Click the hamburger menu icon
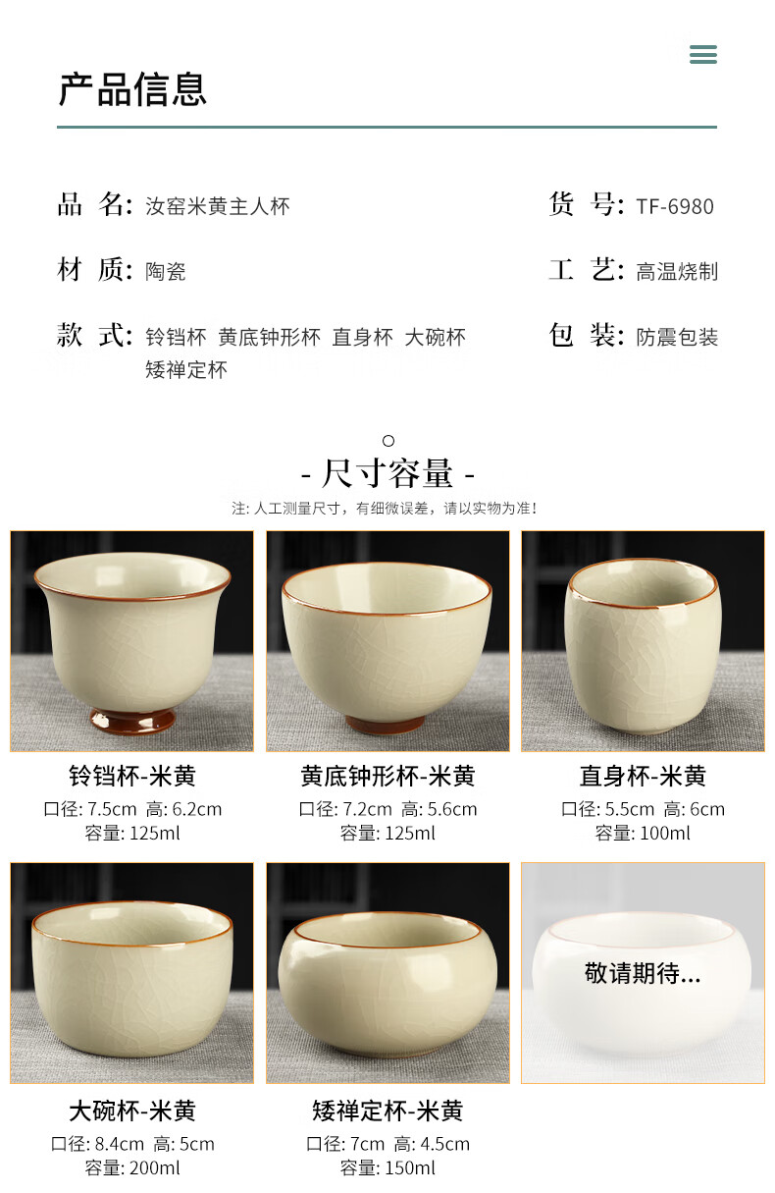click(703, 54)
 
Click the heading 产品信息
click(132, 89)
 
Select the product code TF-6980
click(675, 206)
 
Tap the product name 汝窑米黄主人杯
click(218, 206)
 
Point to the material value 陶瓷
click(166, 272)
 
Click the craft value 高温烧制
click(677, 272)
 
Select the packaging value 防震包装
click(677, 337)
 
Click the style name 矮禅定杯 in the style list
click(186, 369)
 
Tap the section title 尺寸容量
click(387, 473)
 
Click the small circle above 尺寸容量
click(388, 441)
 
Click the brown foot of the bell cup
click(132, 720)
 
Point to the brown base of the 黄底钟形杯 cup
click(385, 724)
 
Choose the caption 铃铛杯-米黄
click(132, 776)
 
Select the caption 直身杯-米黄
click(643, 776)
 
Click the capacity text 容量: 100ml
click(643, 833)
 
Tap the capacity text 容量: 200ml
click(132, 1167)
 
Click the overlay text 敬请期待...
click(643, 973)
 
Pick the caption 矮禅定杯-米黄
click(387, 1111)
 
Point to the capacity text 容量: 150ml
click(387, 1167)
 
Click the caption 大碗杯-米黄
click(132, 1111)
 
